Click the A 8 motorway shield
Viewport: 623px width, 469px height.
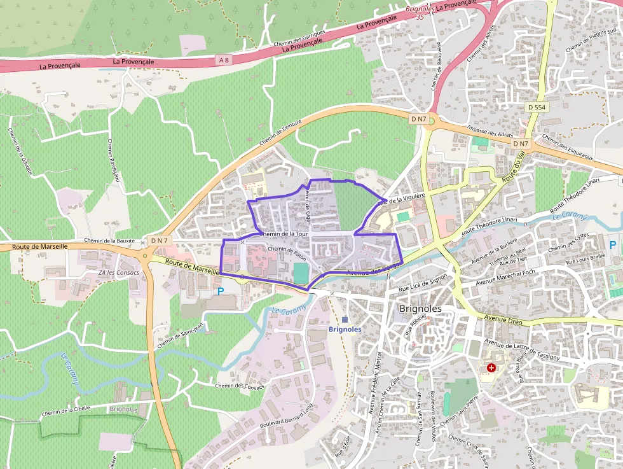[x=222, y=60]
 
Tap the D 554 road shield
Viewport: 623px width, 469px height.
[x=537, y=108]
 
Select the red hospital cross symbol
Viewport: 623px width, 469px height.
[x=491, y=368]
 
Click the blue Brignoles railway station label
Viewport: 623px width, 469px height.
[x=345, y=329]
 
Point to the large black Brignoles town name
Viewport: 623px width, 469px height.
[x=424, y=309]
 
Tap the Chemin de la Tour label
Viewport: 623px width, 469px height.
[x=284, y=234]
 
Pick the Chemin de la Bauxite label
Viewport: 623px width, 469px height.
[x=109, y=241]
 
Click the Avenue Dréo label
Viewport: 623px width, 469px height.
[x=503, y=319]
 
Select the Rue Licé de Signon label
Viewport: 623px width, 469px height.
[x=423, y=280]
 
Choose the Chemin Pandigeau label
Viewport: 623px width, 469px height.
[x=113, y=162]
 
